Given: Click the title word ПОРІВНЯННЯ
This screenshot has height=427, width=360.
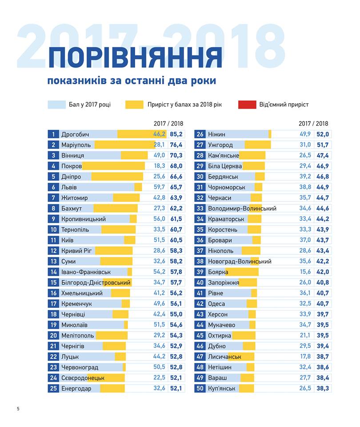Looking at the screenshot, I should pyautogui.click(x=135, y=58).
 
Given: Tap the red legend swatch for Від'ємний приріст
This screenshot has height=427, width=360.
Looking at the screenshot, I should pyautogui.click(x=247, y=105).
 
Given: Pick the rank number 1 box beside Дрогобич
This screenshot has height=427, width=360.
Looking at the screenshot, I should pyautogui.click(x=53, y=134).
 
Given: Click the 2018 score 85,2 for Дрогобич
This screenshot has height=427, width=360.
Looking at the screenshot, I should pyautogui.click(x=176, y=134).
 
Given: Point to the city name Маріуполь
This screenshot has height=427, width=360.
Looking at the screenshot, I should pyautogui.click(x=76, y=145).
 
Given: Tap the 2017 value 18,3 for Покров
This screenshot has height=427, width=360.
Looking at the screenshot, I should pyautogui.click(x=160, y=166).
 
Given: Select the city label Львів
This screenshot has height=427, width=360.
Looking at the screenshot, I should pyautogui.click(x=69, y=187).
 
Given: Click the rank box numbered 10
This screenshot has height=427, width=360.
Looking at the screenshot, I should pyautogui.click(x=53, y=230).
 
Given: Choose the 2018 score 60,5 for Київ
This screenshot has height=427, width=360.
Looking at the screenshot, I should pyautogui.click(x=176, y=240).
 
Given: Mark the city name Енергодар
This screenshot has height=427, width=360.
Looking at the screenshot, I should pyautogui.click(x=76, y=389).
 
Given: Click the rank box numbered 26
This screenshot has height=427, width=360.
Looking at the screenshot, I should pyautogui.click(x=200, y=134).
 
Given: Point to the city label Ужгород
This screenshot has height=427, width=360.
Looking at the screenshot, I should pyautogui.click(x=220, y=145).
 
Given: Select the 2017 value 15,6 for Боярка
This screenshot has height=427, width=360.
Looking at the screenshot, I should pyautogui.click(x=305, y=272).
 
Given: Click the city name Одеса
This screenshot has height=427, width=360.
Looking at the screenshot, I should pyautogui.click(x=216, y=304).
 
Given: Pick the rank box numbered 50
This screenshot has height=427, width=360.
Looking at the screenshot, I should pyautogui.click(x=200, y=389).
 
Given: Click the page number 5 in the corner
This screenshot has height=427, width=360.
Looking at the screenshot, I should pyautogui.click(x=18, y=409).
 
